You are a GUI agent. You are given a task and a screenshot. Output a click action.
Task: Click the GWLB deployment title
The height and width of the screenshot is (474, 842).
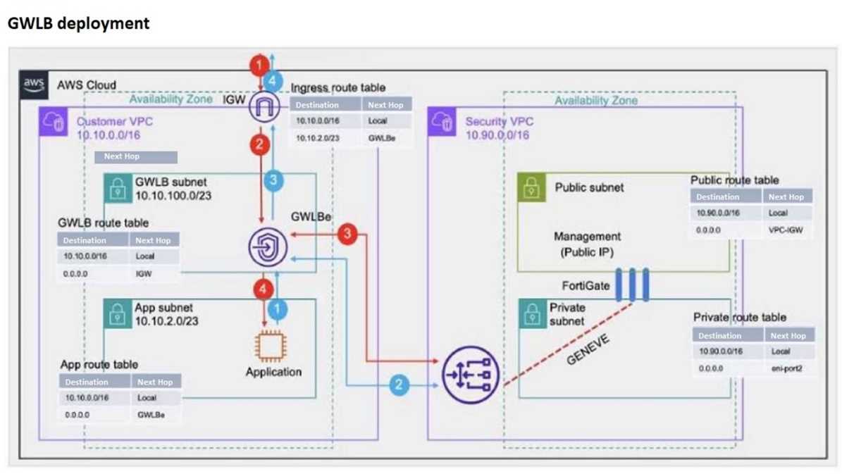(x=78, y=23)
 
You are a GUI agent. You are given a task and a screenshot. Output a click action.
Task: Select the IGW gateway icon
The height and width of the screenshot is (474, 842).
(x=265, y=108)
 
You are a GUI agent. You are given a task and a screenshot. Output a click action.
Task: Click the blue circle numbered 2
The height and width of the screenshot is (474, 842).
(x=399, y=385)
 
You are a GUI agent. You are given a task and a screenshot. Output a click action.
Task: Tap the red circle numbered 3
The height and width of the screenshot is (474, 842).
(x=347, y=234)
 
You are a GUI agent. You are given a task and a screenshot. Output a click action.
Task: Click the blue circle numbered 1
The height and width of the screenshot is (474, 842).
(x=280, y=308)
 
